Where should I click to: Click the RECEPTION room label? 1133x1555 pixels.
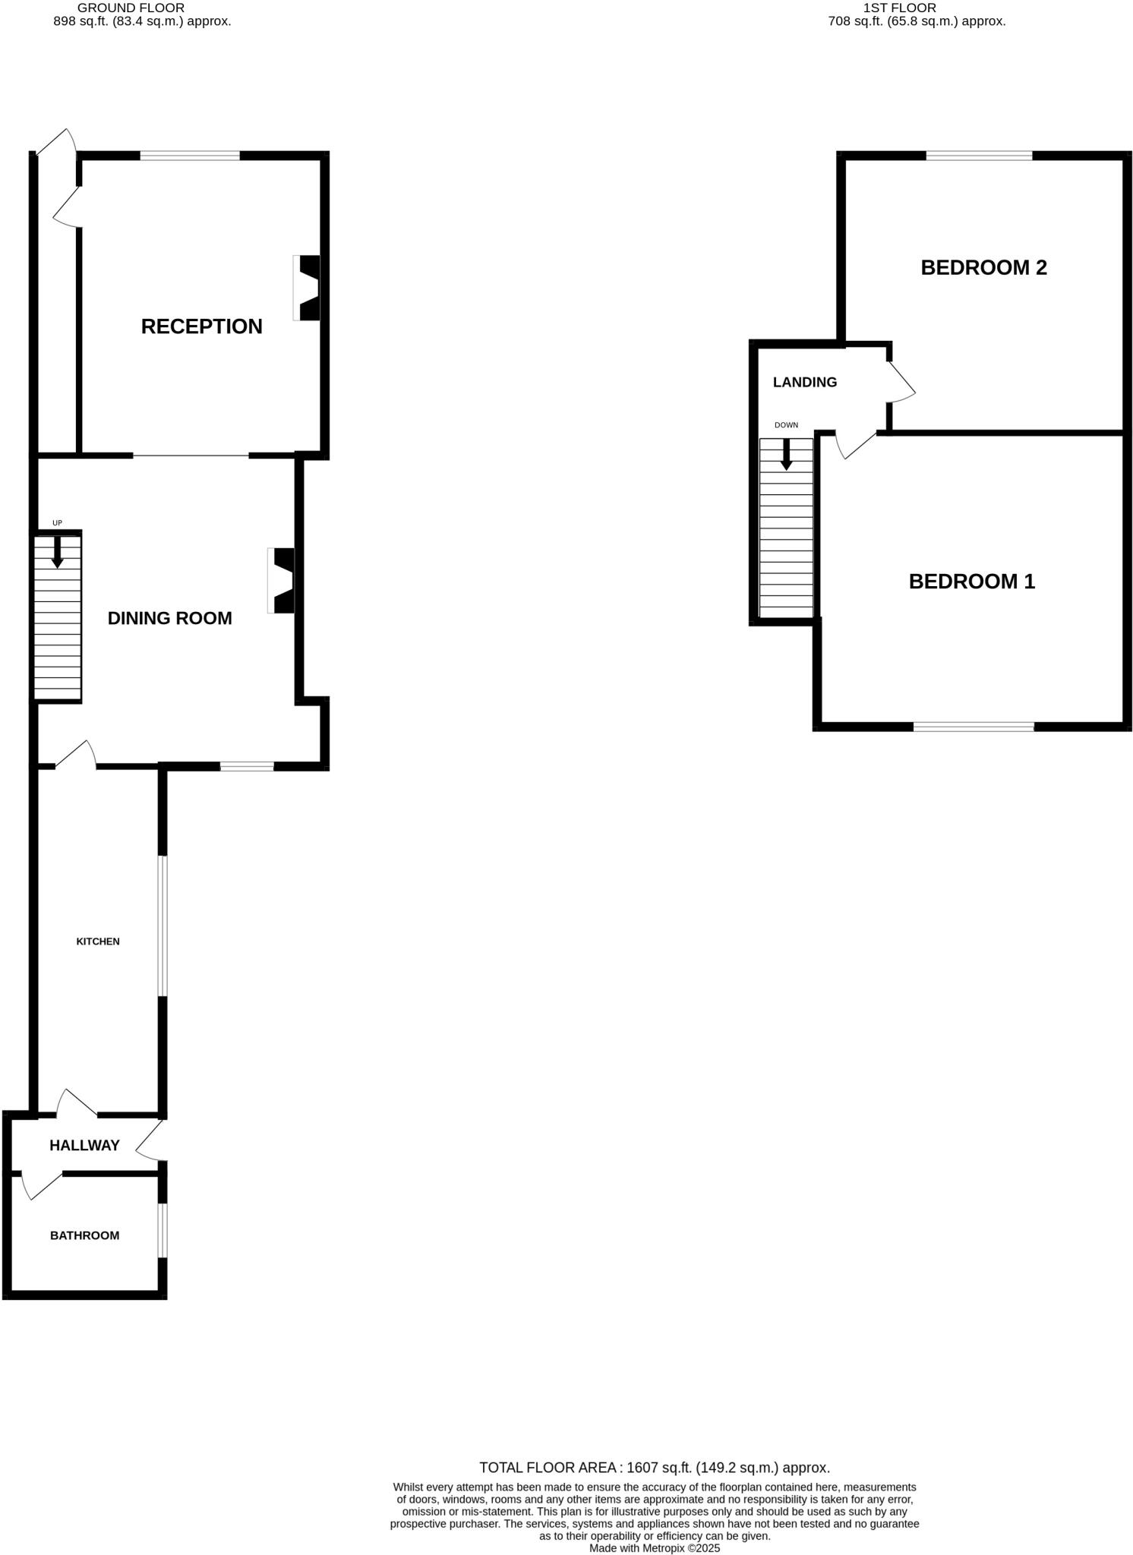click(x=201, y=326)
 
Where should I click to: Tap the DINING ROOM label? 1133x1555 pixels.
click(x=169, y=618)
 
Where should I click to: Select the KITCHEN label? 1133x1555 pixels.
click(x=98, y=942)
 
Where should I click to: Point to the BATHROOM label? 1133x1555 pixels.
click(x=84, y=1235)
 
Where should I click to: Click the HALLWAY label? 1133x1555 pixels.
click(x=84, y=1145)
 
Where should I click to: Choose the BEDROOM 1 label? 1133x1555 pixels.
click(x=971, y=582)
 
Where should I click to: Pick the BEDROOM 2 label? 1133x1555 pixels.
click(x=983, y=267)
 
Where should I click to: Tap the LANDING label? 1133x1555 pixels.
click(x=804, y=382)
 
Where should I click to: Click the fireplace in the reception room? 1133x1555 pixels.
click(x=308, y=288)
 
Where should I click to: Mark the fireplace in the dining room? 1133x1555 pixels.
click(x=282, y=580)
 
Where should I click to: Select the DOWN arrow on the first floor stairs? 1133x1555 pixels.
click(x=786, y=454)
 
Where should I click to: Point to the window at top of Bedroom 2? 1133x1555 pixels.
click(x=978, y=156)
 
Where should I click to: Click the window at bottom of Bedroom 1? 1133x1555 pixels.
click(x=973, y=727)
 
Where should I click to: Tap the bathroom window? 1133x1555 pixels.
click(x=163, y=1230)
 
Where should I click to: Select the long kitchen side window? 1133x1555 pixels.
click(x=163, y=926)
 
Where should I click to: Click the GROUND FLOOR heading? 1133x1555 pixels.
click(x=131, y=8)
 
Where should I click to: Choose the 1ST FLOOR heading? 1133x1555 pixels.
click(x=899, y=8)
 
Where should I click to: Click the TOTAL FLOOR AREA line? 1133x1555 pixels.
click(x=654, y=1468)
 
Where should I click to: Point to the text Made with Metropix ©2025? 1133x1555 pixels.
click(x=654, y=1547)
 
